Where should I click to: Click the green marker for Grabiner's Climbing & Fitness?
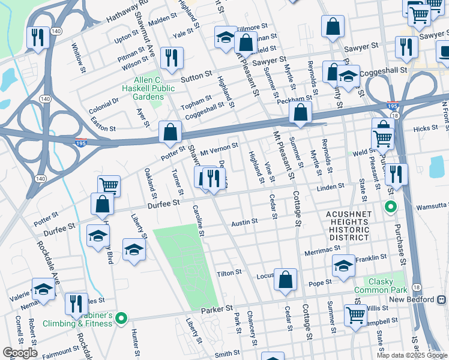point(121,317)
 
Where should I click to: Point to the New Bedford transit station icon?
point(442,299)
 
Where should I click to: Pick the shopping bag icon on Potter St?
point(170,131)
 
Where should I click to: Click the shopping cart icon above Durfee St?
point(109,185)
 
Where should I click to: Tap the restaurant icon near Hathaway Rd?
point(38,38)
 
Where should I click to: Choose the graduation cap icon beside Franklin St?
point(344,266)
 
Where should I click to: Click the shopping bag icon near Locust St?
point(286,279)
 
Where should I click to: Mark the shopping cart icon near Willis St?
point(356,314)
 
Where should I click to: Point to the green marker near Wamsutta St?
point(390,208)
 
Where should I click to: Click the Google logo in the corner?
point(19,352)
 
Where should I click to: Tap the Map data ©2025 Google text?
point(412,355)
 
